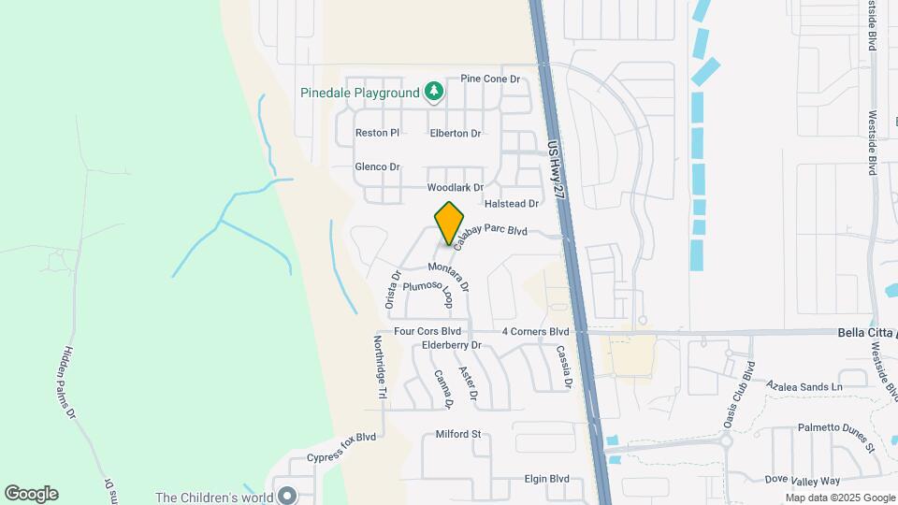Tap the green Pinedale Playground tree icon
coord(433,91)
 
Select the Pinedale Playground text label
coord(359,93)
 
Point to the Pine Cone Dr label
coord(490,79)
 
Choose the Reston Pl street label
coord(377,133)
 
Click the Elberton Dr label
coord(455,134)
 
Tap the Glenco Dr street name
coord(377,166)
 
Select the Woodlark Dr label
coord(455,188)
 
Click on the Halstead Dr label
coord(512,203)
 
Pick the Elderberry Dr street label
coord(451,345)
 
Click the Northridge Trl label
coord(380,368)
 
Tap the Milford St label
coord(457,435)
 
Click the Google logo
coord(31,493)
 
